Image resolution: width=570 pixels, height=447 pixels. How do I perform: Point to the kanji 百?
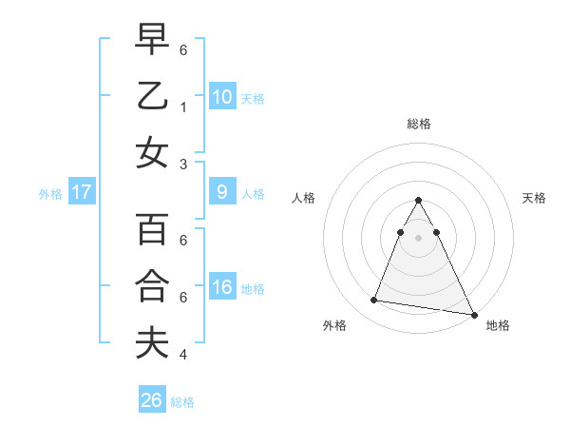click(x=152, y=230)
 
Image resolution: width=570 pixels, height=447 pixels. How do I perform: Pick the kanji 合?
click(x=152, y=286)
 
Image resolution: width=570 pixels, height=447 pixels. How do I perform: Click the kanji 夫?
click(x=152, y=342)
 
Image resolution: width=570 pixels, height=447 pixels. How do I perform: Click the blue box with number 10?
click(x=221, y=96)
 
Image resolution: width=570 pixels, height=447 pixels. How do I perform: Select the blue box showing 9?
click(x=221, y=192)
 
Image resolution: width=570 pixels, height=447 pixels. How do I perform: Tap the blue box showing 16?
click(x=221, y=287)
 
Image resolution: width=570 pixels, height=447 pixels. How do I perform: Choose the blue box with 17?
click(x=82, y=192)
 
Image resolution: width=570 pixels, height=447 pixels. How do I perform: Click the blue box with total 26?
click(x=152, y=400)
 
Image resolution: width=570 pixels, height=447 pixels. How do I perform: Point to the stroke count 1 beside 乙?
click(x=182, y=107)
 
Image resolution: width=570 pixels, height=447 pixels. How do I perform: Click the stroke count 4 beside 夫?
click(x=182, y=355)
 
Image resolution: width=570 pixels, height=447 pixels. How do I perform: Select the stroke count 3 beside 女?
click(x=182, y=164)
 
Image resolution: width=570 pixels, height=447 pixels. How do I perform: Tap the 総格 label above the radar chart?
click(x=418, y=124)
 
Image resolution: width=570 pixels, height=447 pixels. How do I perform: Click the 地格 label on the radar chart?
click(x=498, y=326)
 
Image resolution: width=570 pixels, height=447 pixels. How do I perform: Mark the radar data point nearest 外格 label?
click(x=373, y=301)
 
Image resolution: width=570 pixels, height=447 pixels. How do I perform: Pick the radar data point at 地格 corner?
click(x=474, y=314)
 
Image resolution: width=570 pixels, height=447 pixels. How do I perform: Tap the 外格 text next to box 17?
click(x=50, y=193)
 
